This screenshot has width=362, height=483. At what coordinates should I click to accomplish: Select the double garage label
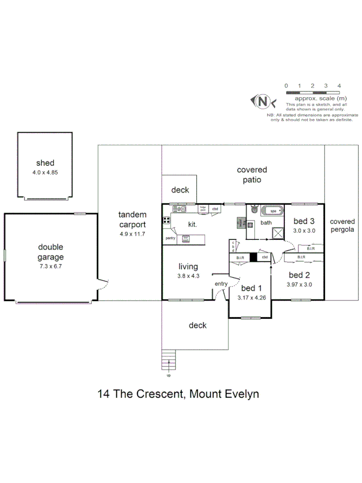tap(50, 252)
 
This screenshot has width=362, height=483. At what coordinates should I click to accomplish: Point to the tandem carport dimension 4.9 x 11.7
tap(132, 235)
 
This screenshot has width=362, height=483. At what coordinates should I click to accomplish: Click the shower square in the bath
tap(278, 232)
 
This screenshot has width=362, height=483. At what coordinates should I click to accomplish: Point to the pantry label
tap(171, 238)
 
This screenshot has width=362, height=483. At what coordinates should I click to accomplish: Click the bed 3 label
tap(303, 221)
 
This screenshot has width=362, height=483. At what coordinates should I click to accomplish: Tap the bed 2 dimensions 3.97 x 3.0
tap(299, 284)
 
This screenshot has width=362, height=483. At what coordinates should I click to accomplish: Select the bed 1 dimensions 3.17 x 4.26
tap(251, 297)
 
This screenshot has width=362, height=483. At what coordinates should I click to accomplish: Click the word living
tap(188, 266)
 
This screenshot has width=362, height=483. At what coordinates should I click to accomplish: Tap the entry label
tap(221, 283)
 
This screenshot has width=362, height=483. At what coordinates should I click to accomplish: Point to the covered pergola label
tap(342, 225)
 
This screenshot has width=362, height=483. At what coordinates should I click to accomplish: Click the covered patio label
tap(252, 175)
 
